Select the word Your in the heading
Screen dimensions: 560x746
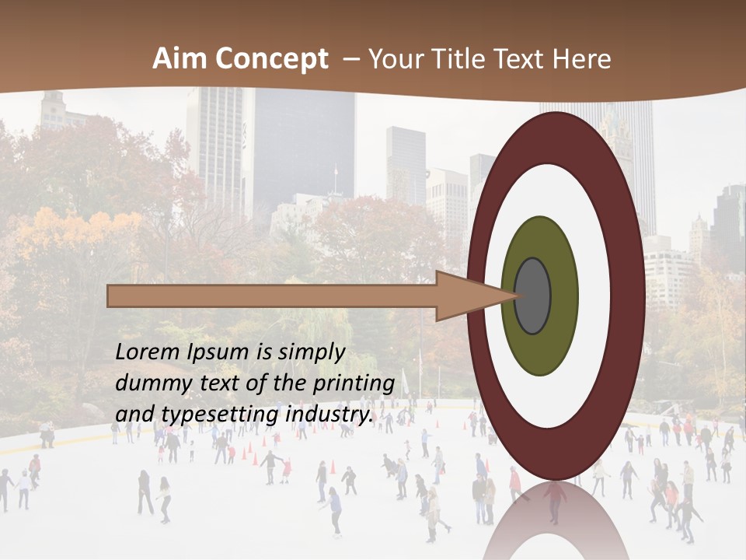396,59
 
